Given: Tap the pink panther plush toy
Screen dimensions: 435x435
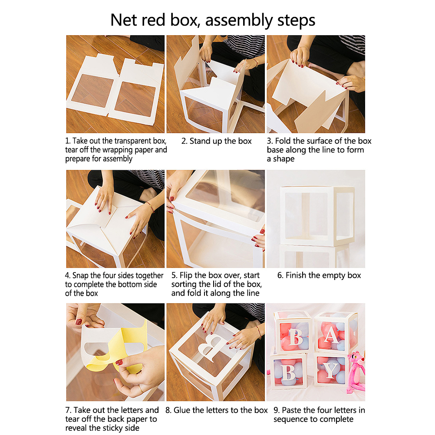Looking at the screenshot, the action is (356, 372).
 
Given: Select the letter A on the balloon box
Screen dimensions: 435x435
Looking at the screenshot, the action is (331, 335).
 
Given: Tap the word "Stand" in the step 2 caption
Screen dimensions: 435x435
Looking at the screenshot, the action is (200, 141).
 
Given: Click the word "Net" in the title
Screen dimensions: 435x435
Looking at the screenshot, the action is (124, 20).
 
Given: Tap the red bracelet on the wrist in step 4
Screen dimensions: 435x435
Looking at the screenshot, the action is (151, 207).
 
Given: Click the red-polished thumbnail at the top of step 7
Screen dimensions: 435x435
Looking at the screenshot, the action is (79, 322).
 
